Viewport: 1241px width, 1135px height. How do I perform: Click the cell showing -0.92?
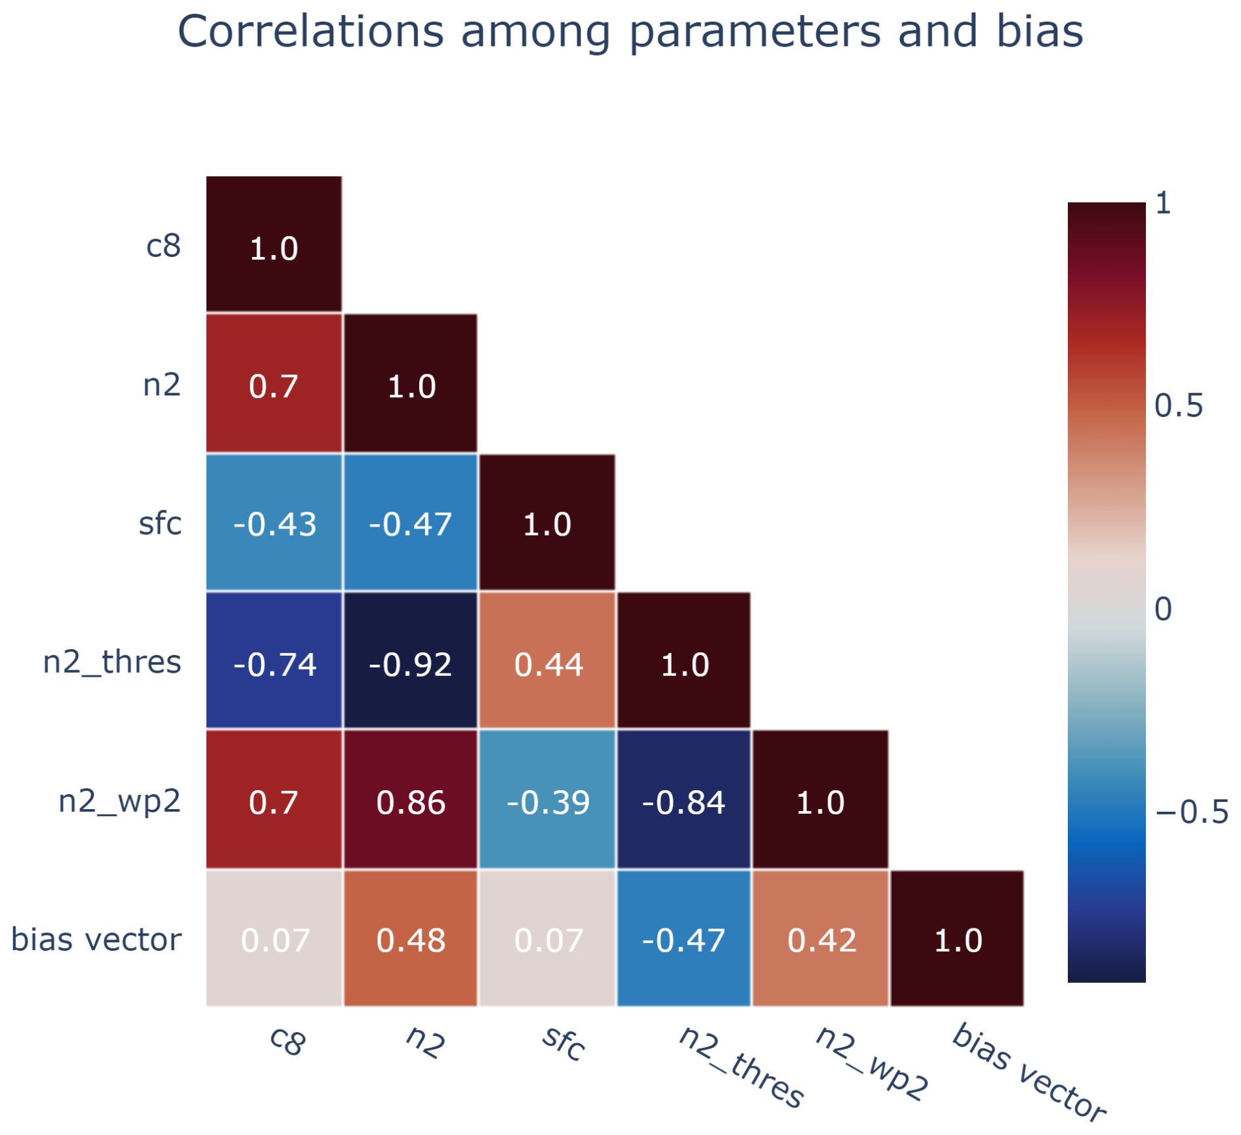tap(410, 664)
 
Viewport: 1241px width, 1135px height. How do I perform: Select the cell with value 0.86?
tap(410, 802)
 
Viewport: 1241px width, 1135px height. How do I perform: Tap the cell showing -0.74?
tap(274, 664)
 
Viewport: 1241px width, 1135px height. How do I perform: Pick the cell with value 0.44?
tap(548, 664)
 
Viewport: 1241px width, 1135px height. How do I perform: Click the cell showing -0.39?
tap(548, 802)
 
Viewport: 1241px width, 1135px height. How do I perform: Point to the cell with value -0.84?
tap(683, 802)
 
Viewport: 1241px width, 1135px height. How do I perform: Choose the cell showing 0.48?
tap(410, 940)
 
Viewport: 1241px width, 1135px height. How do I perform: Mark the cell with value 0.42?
tap(821, 940)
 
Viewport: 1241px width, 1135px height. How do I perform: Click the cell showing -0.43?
tap(274, 524)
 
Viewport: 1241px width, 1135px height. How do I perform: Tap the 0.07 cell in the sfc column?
tap(548, 940)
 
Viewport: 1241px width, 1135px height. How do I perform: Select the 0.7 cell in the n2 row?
tap(274, 386)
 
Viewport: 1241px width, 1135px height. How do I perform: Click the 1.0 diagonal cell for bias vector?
tap(957, 940)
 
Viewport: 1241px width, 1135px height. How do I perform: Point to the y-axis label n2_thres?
tap(112, 662)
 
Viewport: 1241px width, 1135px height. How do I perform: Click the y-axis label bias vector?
tap(96, 940)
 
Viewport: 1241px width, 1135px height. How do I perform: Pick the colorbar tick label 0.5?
tap(1178, 406)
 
